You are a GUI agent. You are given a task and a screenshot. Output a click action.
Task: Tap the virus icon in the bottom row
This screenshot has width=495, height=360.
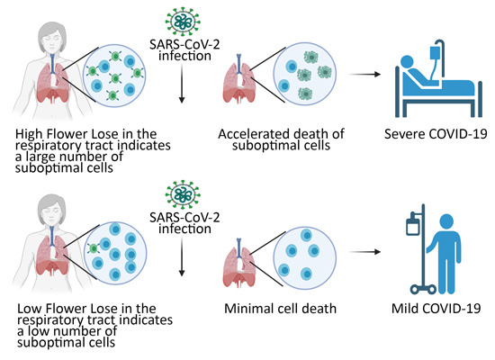coord(183,196)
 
